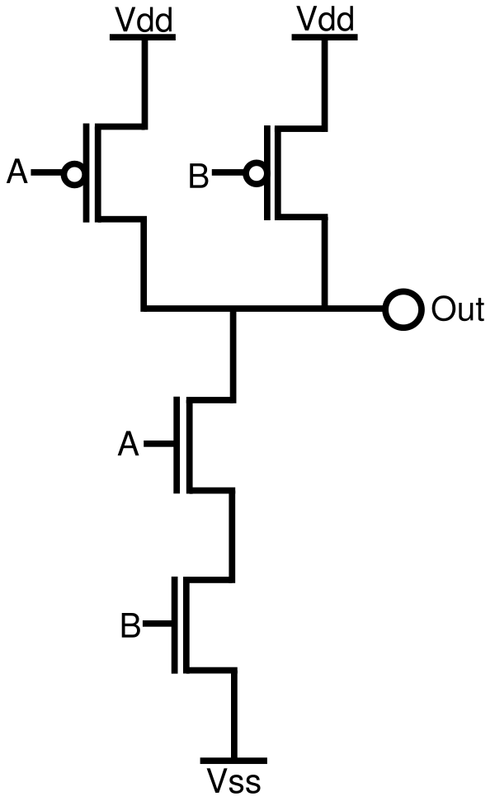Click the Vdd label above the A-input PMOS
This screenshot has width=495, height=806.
(x=144, y=20)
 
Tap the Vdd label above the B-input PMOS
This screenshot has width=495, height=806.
(x=324, y=20)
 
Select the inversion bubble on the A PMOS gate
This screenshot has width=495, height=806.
(x=75, y=174)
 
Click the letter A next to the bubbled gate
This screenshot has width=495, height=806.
(x=17, y=173)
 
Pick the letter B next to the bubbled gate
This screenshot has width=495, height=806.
(x=200, y=175)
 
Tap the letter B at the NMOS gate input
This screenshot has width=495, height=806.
(x=130, y=626)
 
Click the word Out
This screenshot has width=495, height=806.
(x=457, y=310)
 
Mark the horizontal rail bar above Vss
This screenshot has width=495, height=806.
(x=234, y=760)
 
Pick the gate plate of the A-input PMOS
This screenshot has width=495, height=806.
(x=87, y=174)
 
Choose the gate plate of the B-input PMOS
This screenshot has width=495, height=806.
(x=268, y=174)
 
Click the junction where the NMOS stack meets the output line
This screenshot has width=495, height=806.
(x=234, y=310)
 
